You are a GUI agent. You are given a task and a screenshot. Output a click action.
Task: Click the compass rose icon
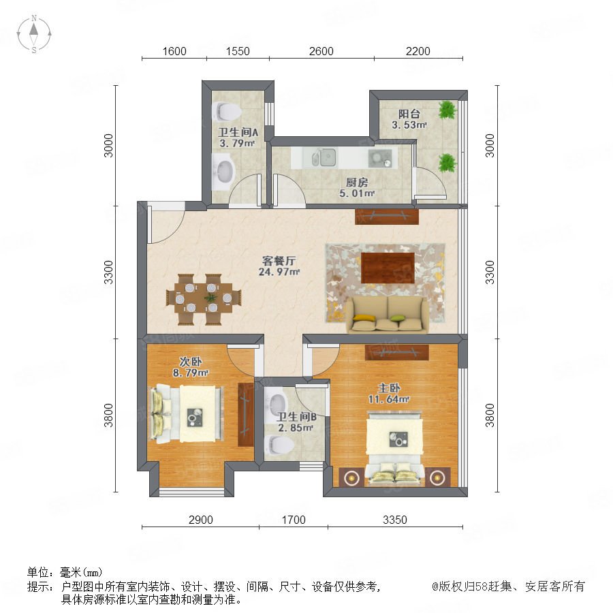[34, 34]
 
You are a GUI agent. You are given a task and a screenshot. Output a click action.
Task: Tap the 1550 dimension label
[238, 51]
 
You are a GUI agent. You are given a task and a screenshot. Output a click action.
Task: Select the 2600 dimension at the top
[321, 51]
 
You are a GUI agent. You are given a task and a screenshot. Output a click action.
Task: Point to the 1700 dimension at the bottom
[294, 520]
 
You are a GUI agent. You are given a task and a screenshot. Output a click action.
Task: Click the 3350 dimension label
[395, 520]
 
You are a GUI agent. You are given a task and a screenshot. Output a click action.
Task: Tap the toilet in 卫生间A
[226, 112]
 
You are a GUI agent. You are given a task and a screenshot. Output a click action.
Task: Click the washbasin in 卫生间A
[223, 172]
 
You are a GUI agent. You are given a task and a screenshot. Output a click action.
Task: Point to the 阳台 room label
[409, 114]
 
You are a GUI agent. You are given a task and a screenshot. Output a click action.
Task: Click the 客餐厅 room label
[279, 260]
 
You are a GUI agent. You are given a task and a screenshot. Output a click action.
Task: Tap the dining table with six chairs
[203, 299]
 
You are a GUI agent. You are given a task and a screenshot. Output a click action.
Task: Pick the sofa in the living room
[387, 314]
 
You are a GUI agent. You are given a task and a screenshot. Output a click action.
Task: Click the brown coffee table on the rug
[388, 268]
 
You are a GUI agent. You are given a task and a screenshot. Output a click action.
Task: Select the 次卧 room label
[191, 361]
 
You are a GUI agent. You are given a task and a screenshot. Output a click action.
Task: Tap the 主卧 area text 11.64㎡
[389, 399]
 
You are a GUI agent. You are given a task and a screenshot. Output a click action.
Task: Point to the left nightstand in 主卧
[352, 477]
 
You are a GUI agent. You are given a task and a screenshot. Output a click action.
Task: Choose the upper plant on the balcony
[447, 110]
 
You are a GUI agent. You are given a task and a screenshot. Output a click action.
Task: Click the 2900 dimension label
[200, 520]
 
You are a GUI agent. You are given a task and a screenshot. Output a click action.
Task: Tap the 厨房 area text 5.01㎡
[357, 193]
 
